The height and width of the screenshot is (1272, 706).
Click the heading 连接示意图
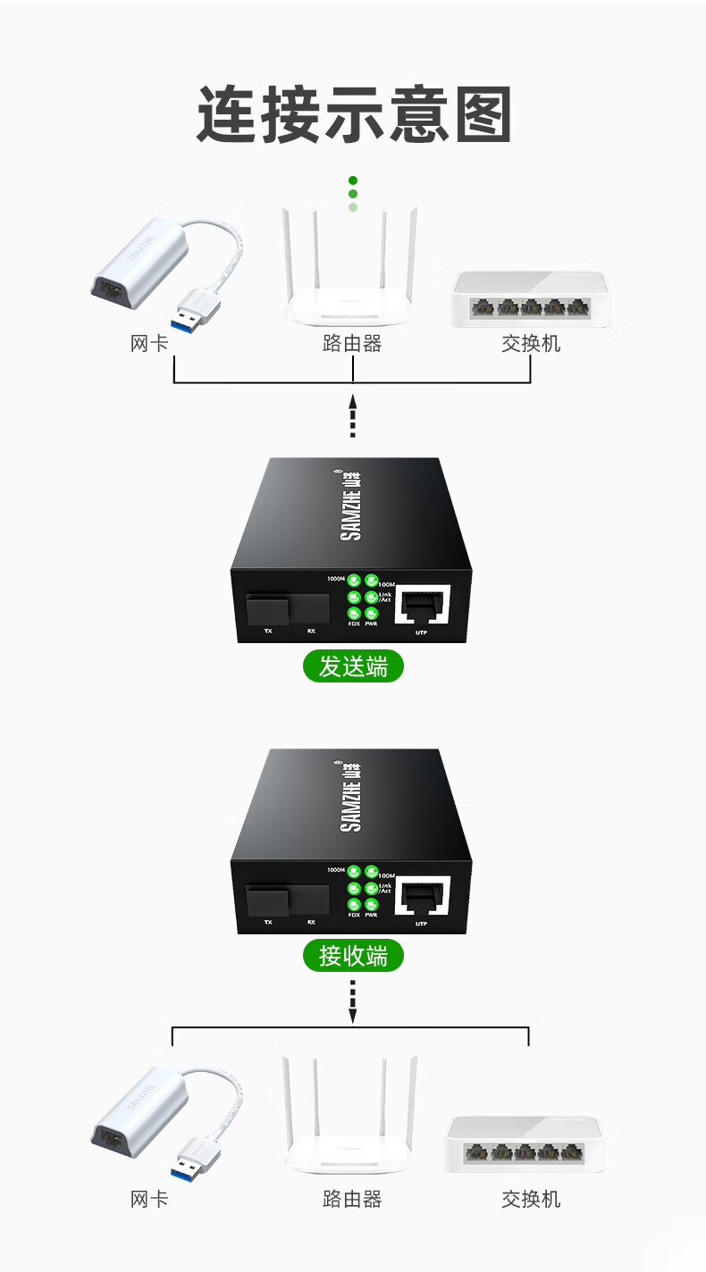tap(353, 114)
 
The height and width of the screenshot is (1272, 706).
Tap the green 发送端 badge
tap(353, 666)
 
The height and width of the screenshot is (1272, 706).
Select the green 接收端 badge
tap(353, 956)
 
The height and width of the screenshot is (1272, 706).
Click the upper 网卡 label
tap(149, 343)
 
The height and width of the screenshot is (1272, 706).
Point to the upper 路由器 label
tap(352, 343)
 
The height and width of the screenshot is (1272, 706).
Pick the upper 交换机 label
tap(531, 343)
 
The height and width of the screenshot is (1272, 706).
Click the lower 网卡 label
tap(149, 1199)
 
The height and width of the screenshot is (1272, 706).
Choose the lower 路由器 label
tap(352, 1199)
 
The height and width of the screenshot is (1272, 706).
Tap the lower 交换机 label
tap(531, 1199)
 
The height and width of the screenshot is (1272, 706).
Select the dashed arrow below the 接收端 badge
tap(353, 1000)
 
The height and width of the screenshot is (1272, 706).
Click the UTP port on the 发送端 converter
tap(422, 607)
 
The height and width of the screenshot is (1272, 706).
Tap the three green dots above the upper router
tap(353, 194)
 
